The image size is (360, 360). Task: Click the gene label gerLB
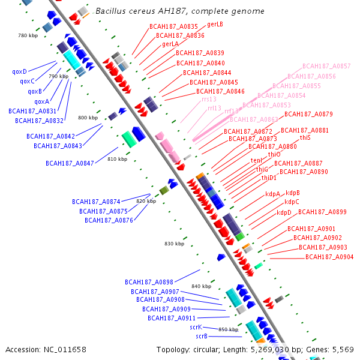[x=215, y=25]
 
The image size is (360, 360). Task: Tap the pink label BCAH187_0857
[x=326, y=66]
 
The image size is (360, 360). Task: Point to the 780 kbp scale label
[x=28, y=36]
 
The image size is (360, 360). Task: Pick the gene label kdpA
[x=273, y=194]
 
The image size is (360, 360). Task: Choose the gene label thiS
[x=305, y=138]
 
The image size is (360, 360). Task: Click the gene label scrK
[x=196, y=327]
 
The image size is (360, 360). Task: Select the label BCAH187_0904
[x=329, y=257]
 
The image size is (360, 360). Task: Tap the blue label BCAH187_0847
[x=70, y=163]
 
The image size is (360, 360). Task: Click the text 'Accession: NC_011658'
[x=46, y=349]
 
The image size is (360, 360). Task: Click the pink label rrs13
[x=209, y=100]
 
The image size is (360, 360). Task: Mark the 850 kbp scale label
[x=228, y=330]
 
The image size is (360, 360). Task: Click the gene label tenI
[x=256, y=161]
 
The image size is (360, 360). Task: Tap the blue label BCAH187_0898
[x=149, y=282]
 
